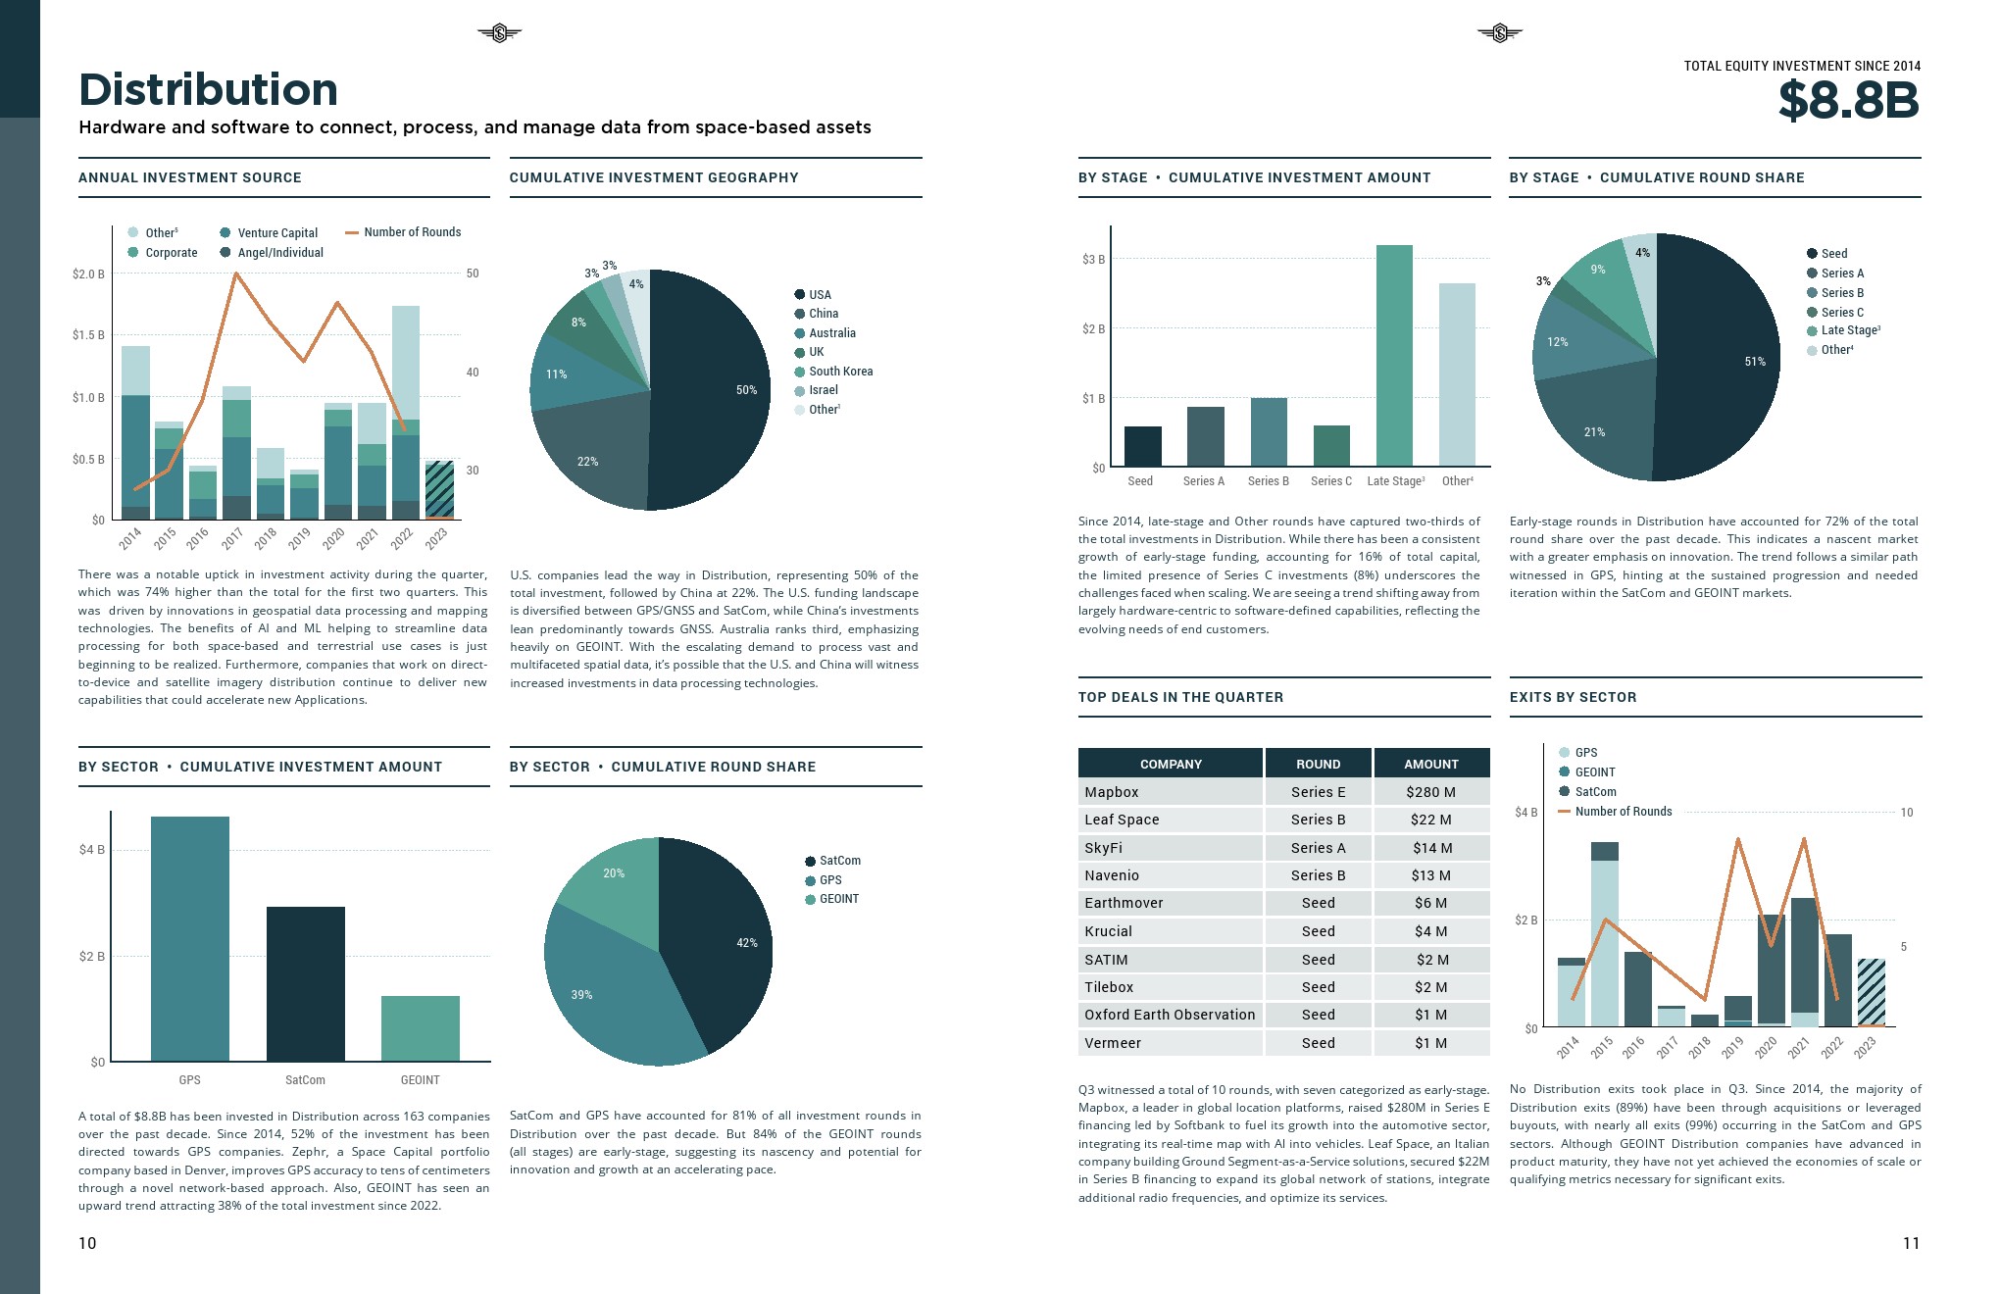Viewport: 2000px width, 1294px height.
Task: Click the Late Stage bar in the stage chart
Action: (1394, 355)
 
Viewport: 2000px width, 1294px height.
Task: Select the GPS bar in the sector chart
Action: (189, 938)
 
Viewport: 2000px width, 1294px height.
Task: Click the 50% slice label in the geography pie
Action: (746, 390)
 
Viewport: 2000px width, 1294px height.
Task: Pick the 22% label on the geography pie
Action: (587, 462)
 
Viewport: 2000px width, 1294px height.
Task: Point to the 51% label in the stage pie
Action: (1755, 362)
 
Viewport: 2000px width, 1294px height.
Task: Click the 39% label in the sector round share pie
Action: (581, 995)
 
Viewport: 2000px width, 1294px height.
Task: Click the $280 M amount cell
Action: (1430, 792)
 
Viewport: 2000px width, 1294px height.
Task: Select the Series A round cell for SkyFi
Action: (1318, 848)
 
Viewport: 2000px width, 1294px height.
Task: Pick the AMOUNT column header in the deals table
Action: (1430, 764)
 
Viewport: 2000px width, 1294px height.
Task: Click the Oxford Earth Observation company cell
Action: (1170, 1015)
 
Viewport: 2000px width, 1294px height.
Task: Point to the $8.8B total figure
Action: (1848, 100)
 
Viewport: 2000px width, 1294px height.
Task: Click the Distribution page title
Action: (208, 90)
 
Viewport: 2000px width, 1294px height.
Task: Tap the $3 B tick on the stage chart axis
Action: (1093, 260)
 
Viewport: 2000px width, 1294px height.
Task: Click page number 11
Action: (1911, 1243)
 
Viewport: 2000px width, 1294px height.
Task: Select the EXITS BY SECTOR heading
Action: (1573, 697)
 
